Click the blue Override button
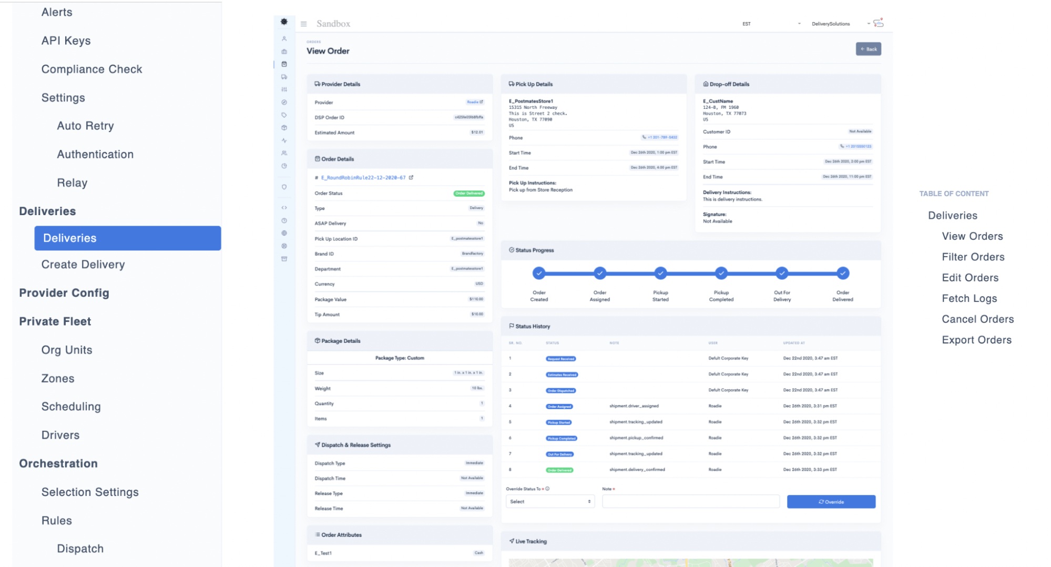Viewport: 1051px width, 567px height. tap(831, 502)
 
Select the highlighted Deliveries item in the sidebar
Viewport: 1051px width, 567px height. tap(127, 238)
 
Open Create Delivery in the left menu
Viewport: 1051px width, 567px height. tap(83, 265)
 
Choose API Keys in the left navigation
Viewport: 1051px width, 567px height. tap(66, 40)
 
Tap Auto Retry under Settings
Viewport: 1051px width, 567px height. tap(85, 126)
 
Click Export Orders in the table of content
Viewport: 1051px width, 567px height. tap(976, 340)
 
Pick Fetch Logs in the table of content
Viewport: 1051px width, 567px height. tap(969, 298)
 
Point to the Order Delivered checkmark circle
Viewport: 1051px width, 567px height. tap(842, 273)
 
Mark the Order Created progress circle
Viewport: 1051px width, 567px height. tap(539, 273)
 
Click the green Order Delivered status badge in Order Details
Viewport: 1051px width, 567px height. tap(468, 194)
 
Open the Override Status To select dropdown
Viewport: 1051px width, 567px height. tap(550, 502)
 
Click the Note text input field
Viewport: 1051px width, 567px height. tap(690, 502)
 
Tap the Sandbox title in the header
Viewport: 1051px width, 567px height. tap(333, 24)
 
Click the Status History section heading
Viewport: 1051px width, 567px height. tap(532, 326)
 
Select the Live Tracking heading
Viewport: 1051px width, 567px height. tap(530, 541)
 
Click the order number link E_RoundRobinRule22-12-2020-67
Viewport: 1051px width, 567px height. tap(363, 178)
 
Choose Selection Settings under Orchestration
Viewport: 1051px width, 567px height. tap(90, 492)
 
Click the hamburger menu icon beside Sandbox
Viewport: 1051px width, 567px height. tap(303, 24)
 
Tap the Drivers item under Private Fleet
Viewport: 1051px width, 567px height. tap(60, 435)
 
